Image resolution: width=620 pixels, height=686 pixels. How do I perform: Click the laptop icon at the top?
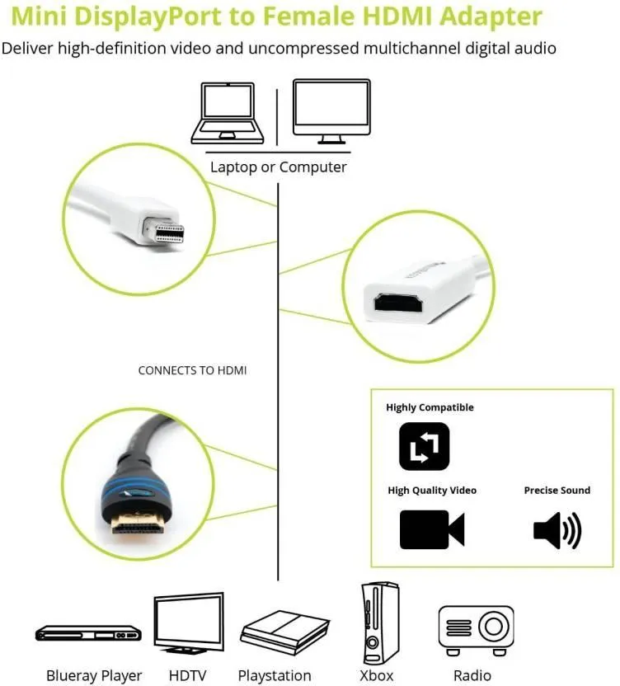click(x=228, y=113)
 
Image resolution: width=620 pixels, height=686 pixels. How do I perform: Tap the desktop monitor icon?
click(x=331, y=111)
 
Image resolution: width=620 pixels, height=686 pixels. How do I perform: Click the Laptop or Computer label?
click(x=279, y=167)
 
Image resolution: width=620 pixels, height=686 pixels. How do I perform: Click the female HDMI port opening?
click(x=397, y=303)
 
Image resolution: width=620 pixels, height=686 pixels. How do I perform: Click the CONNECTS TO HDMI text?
click(x=193, y=370)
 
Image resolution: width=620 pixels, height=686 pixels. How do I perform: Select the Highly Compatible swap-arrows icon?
click(x=424, y=446)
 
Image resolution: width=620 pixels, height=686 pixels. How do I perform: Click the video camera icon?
click(x=432, y=529)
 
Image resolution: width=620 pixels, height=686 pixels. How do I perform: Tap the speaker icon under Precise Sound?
click(x=557, y=530)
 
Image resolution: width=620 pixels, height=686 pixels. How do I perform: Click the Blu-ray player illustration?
click(x=88, y=633)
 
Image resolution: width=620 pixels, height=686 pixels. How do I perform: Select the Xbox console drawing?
click(x=380, y=623)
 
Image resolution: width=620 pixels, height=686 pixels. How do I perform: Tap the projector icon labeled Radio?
click(x=476, y=630)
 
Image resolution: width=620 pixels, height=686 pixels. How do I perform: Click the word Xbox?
click(x=376, y=675)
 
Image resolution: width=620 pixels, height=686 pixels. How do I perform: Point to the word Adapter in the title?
click(x=491, y=16)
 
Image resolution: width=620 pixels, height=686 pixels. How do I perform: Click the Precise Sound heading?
click(x=557, y=491)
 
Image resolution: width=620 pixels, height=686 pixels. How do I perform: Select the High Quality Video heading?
click(x=432, y=491)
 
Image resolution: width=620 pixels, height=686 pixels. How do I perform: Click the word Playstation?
click(x=275, y=676)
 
